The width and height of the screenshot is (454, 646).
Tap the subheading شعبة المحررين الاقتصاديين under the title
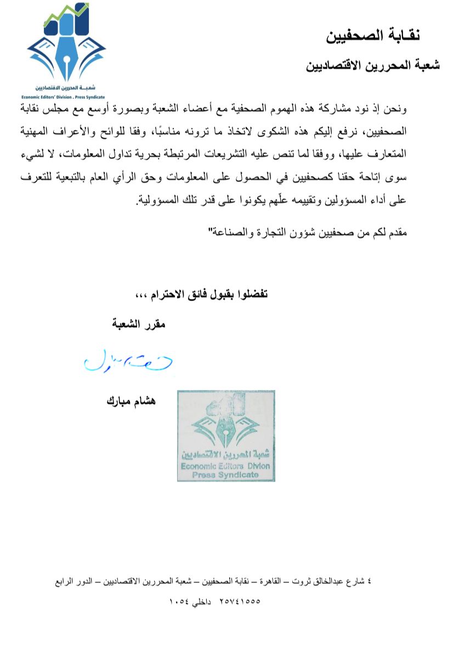[373, 66]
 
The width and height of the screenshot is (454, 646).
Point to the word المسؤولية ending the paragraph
[156, 200]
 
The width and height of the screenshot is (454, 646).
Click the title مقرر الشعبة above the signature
[139, 324]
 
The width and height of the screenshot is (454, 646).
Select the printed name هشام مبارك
[131, 401]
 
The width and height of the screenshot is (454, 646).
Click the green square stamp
[226, 435]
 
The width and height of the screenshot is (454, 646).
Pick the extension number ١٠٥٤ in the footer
[182, 600]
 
